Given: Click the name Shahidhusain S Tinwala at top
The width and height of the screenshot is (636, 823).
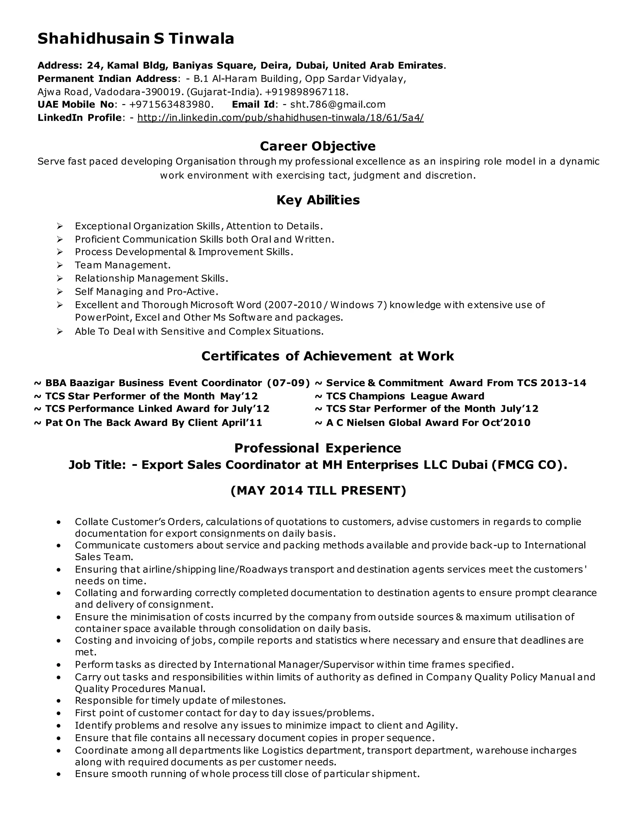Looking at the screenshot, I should [136, 39].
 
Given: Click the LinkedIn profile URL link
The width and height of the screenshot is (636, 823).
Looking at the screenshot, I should [280, 118].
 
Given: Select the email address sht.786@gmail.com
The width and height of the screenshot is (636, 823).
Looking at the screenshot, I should [338, 105].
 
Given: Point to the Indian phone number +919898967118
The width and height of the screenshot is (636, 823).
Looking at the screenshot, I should [305, 92].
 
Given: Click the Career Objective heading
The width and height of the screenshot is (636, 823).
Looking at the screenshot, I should [318, 146].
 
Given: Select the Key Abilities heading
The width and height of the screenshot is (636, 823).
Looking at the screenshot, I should [318, 200].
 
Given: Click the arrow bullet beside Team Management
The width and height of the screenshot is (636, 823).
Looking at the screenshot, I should [60, 266].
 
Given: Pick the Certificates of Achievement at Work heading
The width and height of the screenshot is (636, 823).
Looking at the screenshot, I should [327, 356].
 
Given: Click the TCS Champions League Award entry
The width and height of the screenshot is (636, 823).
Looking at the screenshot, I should [405, 396].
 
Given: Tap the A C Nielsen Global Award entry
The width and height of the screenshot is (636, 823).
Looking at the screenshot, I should [428, 423].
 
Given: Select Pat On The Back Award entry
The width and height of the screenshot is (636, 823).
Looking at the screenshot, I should [153, 423].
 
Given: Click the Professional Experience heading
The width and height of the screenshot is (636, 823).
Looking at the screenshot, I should [318, 448].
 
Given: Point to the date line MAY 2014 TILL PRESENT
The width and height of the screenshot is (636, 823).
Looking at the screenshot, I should [318, 491].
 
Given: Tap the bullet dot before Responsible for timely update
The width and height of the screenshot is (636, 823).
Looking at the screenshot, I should [58, 701].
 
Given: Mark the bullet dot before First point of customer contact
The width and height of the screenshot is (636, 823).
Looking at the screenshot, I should [58, 714].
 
